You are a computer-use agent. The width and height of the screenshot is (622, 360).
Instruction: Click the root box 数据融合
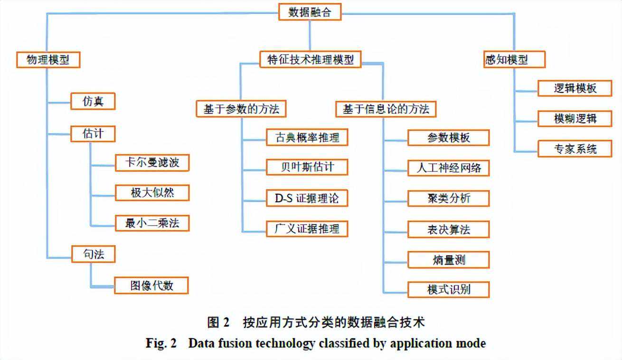click(x=310, y=12)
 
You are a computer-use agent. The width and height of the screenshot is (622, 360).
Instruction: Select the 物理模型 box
click(x=47, y=60)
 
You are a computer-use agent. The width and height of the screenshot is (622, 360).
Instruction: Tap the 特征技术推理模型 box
click(x=310, y=59)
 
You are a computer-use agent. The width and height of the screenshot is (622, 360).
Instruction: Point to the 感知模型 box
click(x=514, y=60)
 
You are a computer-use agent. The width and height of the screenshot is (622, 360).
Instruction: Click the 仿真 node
click(x=93, y=101)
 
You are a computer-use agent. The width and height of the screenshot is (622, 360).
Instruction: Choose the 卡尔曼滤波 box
click(x=152, y=163)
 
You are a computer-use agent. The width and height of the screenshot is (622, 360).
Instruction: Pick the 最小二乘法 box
click(x=152, y=223)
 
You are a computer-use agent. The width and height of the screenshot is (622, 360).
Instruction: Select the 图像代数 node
click(x=152, y=285)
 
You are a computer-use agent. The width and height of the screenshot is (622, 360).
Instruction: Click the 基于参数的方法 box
click(x=241, y=109)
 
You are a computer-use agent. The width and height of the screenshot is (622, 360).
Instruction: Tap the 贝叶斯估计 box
click(x=307, y=167)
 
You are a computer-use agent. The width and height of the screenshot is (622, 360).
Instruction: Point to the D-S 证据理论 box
click(x=307, y=198)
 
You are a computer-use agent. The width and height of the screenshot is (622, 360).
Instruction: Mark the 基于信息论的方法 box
click(x=386, y=109)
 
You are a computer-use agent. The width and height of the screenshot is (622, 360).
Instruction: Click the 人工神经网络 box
click(x=449, y=168)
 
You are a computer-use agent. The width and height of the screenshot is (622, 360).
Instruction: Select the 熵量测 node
click(x=449, y=260)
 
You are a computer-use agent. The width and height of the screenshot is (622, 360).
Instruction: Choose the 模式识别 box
click(x=449, y=289)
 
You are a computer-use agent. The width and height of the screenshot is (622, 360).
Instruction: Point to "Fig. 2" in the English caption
click(x=160, y=343)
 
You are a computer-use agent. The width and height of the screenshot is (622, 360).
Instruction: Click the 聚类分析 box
click(x=449, y=198)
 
